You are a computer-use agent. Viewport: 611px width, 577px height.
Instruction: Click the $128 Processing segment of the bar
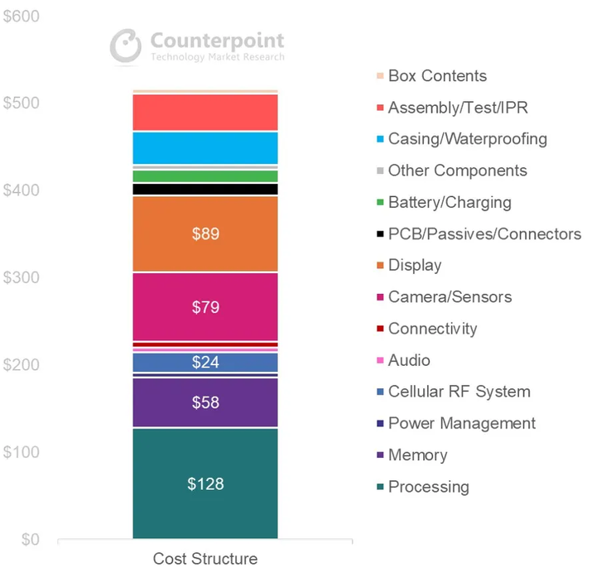[204, 483]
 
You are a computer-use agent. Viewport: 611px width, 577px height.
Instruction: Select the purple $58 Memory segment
[204, 402]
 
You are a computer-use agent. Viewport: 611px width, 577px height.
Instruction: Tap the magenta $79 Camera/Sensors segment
[204, 307]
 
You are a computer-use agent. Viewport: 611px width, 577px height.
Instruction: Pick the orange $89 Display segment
[204, 233]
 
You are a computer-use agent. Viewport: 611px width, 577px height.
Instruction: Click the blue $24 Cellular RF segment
[204, 362]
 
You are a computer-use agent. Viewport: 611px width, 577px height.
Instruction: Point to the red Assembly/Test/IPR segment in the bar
[204, 112]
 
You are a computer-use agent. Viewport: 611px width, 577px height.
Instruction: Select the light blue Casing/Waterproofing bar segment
[204, 148]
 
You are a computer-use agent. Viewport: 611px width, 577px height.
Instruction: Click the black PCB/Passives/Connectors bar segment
[204, 189]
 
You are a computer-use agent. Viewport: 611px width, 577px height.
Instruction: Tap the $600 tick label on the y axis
[21, 17]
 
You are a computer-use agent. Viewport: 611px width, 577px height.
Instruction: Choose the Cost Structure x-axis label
[204, 559]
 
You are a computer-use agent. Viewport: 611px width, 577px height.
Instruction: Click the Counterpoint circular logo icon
[127, 46]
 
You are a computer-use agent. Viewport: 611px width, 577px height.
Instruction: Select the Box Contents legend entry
[436, 76]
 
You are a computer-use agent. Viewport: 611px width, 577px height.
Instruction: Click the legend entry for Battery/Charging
[449, 203]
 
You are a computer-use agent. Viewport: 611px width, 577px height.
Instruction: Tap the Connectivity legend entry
[432, 329]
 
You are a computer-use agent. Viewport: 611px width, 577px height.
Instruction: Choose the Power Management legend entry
[461, 423]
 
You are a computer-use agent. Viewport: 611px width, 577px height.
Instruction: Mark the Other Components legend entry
[457, 171]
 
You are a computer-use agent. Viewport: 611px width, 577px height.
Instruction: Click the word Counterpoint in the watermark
[217, 41]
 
